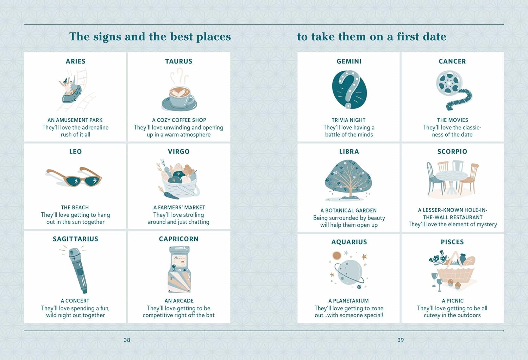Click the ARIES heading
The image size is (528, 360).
[x=75, y=61]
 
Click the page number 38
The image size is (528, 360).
[x=127, y=340]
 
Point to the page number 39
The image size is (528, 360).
[x=401, y=340]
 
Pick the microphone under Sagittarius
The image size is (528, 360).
[x=78, y=271]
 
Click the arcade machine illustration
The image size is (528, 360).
[x=179, y=269]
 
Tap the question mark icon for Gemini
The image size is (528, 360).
[x=349, y=89]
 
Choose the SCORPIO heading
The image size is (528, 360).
[x=452, y=151]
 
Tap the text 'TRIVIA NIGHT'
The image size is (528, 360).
[x=348, y=120]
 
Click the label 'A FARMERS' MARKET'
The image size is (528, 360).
[x=179, y=208]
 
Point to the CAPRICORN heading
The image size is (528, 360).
[x=179, y=239]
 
